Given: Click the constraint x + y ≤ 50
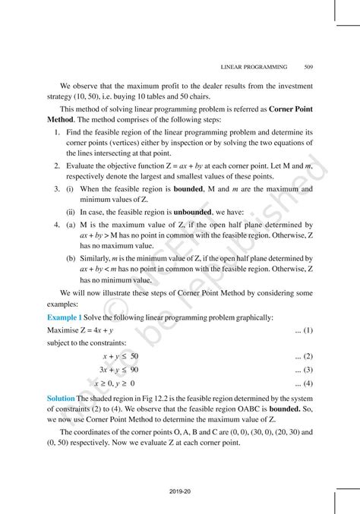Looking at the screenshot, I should (x=121, y=355).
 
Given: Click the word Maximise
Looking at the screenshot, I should (x=63, y=330).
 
